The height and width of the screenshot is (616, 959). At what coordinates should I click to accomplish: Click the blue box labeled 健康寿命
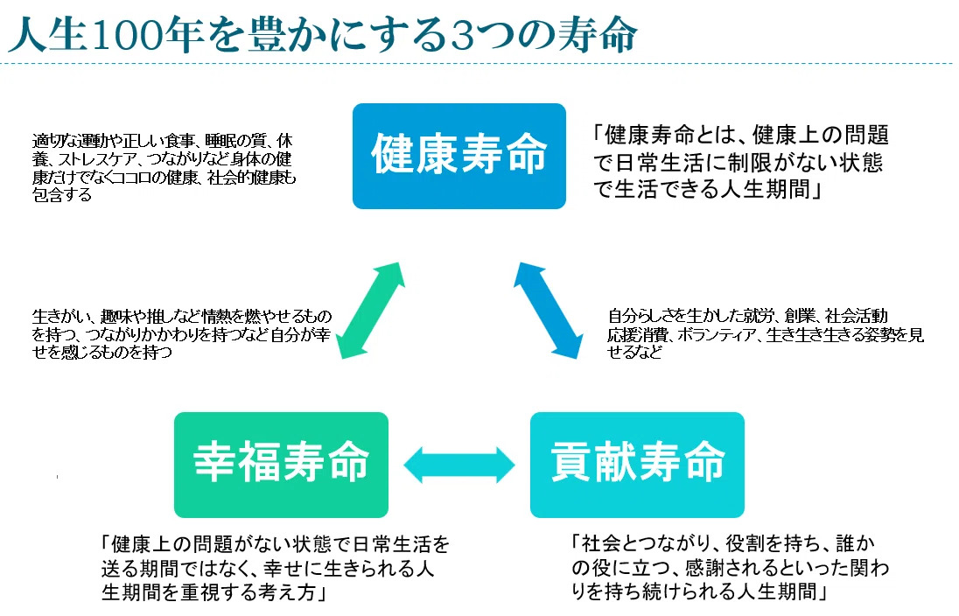(458, 156)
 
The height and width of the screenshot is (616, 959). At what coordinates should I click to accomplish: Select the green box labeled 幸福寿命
(281, 464)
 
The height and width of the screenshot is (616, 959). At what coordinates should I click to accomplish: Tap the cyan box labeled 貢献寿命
(637, 464)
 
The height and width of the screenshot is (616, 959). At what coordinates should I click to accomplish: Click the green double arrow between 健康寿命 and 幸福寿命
(371, 311)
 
